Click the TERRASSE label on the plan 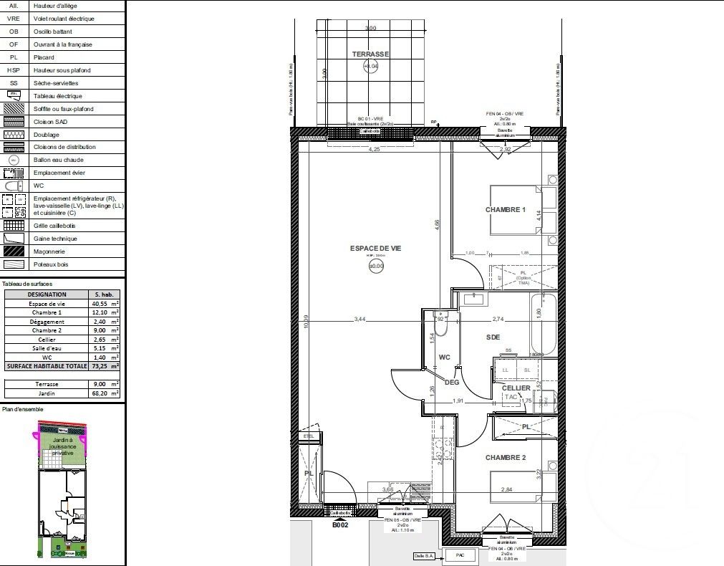point(370,54)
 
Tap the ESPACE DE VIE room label point(375,248)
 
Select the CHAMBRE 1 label point(506,210)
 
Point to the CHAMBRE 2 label point(506,458)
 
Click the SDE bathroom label point(493,337)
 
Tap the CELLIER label point(516,388)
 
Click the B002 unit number point(339,524)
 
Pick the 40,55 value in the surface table point(99,304)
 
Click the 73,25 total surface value point(99,365)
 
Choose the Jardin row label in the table point(47,393)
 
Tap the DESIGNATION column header point(47,294)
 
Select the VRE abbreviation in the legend point(13,19)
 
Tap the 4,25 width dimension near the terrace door point(374,150)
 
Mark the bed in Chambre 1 point(516,210)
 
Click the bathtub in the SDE point(544,330)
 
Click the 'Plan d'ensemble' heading point(22,410)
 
